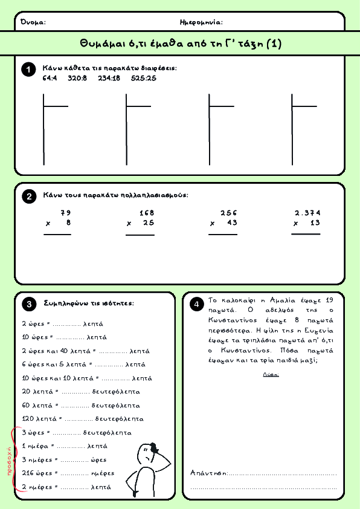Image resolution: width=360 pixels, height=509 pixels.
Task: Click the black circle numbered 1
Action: pyautogui.click(x=28, y=70)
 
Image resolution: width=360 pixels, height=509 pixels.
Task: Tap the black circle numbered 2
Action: pyautogui.click(x=29, y=196)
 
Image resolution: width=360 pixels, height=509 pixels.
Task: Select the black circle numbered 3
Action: pyautogui.click(x=29, y=304)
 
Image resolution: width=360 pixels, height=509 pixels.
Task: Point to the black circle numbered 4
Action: pyautogui.click(x=196, y=305)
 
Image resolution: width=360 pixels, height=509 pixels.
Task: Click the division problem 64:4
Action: pyautogui.click(x=50, y=78)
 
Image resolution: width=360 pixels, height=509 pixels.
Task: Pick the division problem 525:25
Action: pyautogui.click(x=144, y=78)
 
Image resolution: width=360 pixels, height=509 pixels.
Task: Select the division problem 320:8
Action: pyautogui.click(x=77, y=78)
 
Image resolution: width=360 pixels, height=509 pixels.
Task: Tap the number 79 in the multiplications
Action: pyautogui.click(x=65, y=213)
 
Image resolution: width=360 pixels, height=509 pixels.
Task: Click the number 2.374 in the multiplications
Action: pyautogui.click(x=307, y=213)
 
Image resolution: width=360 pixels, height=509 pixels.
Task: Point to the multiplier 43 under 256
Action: pyautogui.click(x=232, y=222)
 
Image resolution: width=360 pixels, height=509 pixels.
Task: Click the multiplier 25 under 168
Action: pyautogui.click(x=149, y=222)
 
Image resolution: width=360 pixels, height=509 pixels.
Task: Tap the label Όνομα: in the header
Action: pyautogui.click(x=33, y=22)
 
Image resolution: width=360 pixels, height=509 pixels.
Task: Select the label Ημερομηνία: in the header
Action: pyautogui.click(x=201, y=22)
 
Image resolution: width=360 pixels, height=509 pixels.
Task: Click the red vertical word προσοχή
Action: pyautogui.click(x=9, y=461)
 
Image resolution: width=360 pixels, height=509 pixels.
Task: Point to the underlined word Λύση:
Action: pyautogui.click(x=271, y=375)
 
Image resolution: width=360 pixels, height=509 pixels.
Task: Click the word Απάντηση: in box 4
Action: pyautogui.click(x=208, y=473)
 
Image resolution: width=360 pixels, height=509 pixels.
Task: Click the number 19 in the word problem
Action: pyautogui.click(x=329, y=300)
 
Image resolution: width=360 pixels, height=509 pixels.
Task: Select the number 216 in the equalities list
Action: pyautogui.click(x=28, y=473)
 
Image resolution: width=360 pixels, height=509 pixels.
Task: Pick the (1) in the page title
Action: pyautogui.click(x=274, y=44)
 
